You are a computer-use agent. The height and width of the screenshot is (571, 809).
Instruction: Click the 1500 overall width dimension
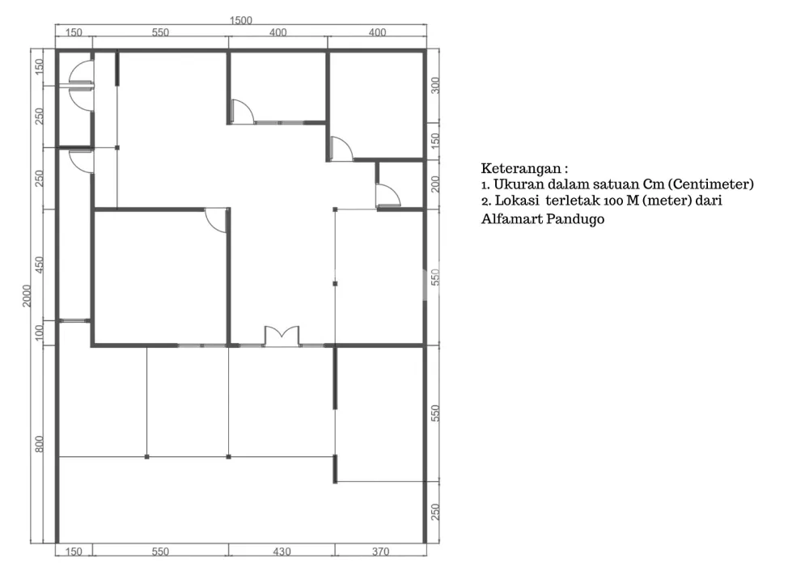pos(240,21)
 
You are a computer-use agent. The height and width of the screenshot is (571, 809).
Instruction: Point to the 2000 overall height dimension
pos(27,295)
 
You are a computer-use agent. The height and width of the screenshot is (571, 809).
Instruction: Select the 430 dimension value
pos(282,552)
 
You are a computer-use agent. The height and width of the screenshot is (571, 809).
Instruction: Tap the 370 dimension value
pos(380,552)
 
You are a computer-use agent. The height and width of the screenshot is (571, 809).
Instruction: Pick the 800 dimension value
pos(39,444)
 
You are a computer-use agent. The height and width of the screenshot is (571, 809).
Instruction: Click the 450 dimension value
pos(39,264)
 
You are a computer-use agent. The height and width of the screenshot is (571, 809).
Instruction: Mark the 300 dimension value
pos(435,85)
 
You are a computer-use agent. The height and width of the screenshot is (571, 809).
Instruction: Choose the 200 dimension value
pos(435,184)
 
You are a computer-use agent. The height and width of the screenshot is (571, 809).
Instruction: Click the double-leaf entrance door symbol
pos(282,336)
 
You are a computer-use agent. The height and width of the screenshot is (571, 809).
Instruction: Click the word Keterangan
pos(520,169)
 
